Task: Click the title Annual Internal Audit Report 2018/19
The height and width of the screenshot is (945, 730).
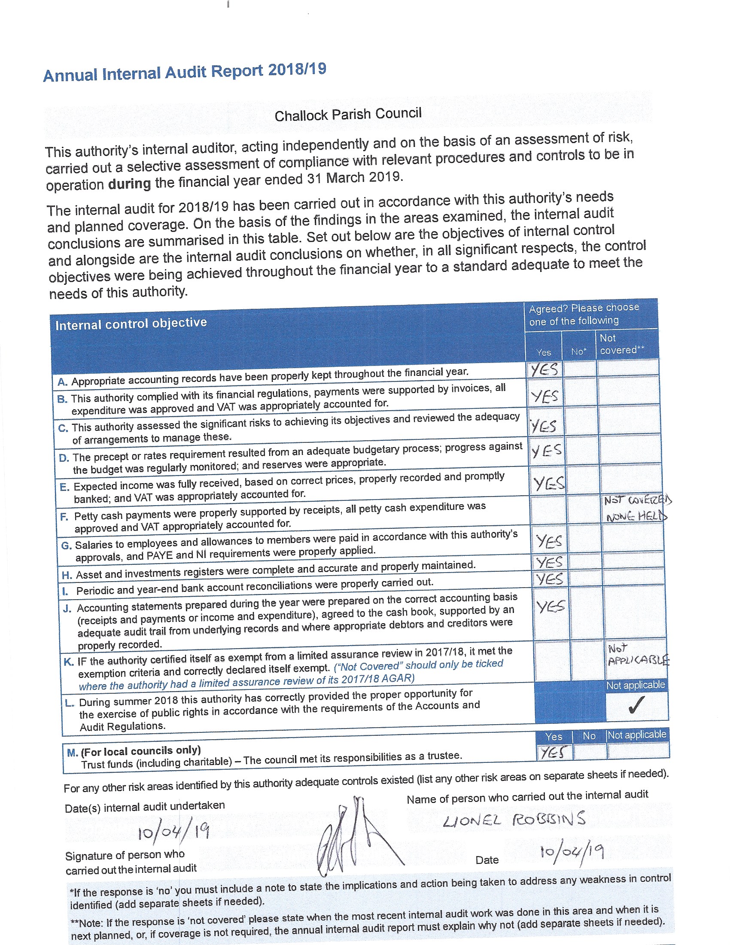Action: (x=185, y=72)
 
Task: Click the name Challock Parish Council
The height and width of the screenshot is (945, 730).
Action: (x=348, y=115)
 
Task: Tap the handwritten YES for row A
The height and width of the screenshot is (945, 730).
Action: (x=544, y=369)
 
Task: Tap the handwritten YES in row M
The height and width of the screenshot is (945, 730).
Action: (x=554, y=753)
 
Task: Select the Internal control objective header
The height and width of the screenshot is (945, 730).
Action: (x=131, y=323)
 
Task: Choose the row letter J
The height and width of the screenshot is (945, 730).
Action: (x=67, y=609)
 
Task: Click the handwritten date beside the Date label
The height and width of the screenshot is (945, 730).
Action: (x=571, y=852)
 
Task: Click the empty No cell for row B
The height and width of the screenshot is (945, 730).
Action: (x=581, y=393)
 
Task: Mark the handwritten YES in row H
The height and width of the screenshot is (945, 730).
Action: (x=549, y=562)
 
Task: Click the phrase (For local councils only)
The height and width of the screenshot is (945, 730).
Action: (x=140, y=751)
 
